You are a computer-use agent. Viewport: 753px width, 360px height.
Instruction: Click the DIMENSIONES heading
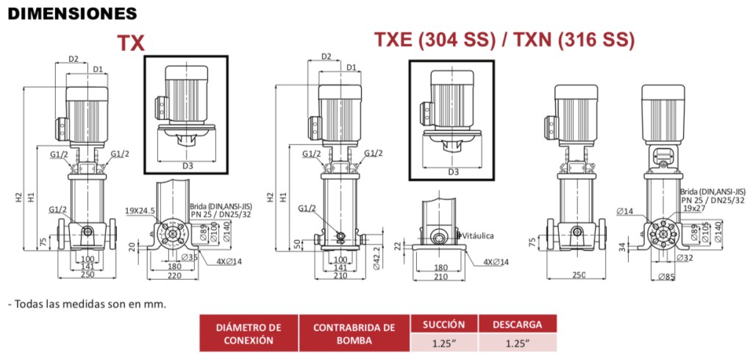(73, 14)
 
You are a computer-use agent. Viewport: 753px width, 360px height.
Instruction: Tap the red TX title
(131, 43)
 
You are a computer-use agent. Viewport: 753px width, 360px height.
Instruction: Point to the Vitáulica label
(477, 236)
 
